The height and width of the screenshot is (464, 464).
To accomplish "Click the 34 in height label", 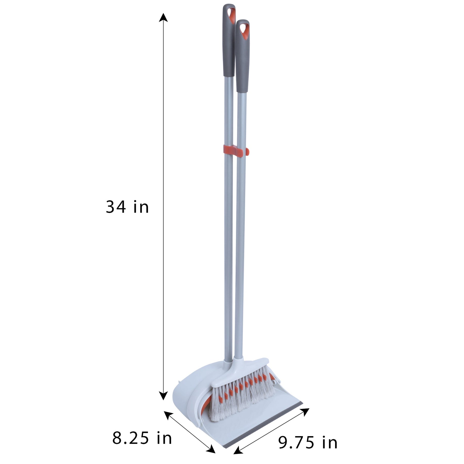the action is (127, 207).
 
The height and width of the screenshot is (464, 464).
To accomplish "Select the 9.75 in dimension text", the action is (308, 442).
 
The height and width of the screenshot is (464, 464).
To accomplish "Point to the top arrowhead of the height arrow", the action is (163, 18).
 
